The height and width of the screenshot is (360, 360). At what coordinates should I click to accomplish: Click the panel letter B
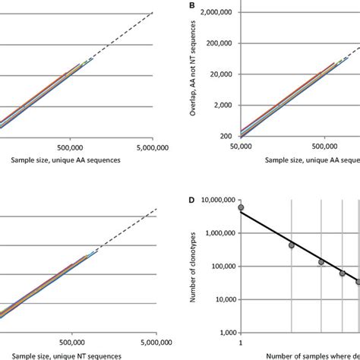(x=191, y=5)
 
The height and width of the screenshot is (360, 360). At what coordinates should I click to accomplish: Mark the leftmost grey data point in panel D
(x=242, y=207)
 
